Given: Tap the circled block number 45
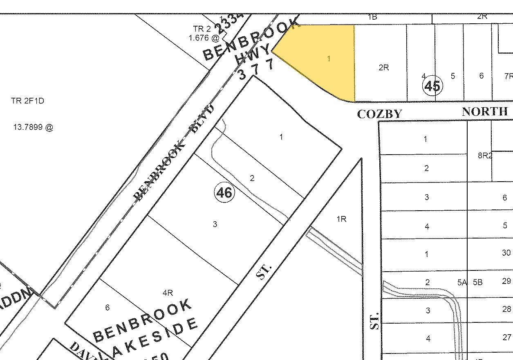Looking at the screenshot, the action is click(x=432, y=86).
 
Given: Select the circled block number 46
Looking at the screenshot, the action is click(x=224, y=192).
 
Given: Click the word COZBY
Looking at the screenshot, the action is click(x=380, y=114).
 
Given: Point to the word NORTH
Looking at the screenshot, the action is click(x=485, y=111).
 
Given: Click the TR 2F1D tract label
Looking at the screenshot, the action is click(x=27, y=101).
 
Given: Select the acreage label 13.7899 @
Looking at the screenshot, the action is click(x=34, y=127).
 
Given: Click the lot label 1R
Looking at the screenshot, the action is click(x=341, y=219).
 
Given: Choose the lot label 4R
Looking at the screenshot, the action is click(x=168, y=292).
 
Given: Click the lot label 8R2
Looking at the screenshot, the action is click(x=485, y=155).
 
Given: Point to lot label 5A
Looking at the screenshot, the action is click(x=462, y=282).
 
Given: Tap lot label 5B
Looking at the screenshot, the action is click(x=477, y=282).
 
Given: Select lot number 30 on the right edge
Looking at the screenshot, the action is click(x=506, y=253).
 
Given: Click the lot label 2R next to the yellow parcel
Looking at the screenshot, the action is click(x=383, y=67).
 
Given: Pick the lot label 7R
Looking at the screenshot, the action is click(x=508, y=76).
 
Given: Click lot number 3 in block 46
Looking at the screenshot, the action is click(x=215, y=224).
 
